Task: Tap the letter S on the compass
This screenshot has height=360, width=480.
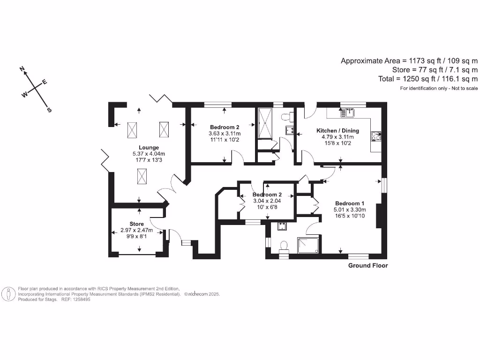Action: point(49,110)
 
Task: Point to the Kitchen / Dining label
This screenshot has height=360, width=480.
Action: point(337,130)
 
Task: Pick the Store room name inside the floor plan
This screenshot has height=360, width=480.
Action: point(137,224)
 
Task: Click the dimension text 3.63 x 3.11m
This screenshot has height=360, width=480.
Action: point(225,134)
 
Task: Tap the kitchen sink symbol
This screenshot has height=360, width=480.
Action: point(347,112)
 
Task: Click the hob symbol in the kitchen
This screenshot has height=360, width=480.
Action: point(376,136)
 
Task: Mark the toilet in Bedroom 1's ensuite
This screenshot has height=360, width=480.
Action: point(283,247)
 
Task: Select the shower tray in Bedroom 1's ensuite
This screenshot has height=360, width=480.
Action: point(308,245)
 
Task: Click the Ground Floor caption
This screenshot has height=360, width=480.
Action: point(367,266)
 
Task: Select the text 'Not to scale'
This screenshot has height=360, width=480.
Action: point(465,88)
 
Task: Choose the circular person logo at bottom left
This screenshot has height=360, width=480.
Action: point(8,294)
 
